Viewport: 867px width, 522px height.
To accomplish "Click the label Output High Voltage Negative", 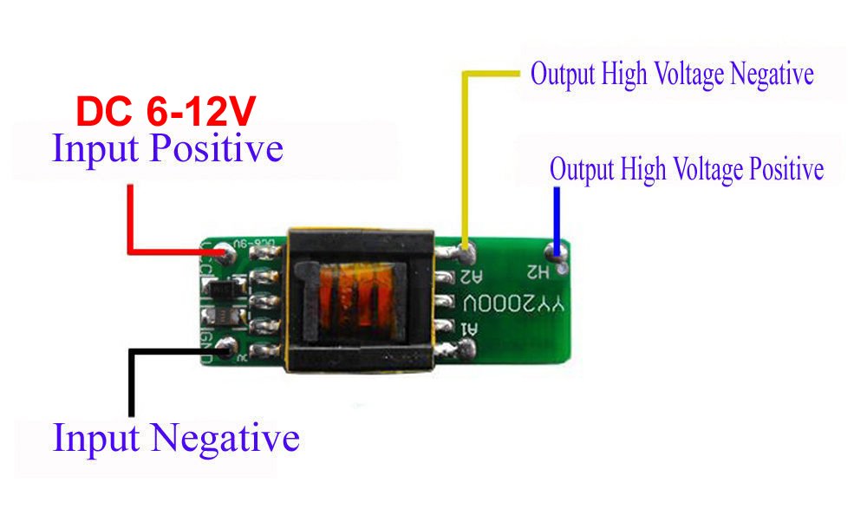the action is click(672, 74).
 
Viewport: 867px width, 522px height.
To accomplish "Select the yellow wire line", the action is click(466, 156).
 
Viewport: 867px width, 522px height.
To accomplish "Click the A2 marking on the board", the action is click(470, 277).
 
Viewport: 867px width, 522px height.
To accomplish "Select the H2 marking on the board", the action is click(538, 272).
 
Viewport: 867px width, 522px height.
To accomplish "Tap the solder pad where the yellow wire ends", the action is click(466, 255).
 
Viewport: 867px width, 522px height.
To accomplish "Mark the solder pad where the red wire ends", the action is click(229, 254).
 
